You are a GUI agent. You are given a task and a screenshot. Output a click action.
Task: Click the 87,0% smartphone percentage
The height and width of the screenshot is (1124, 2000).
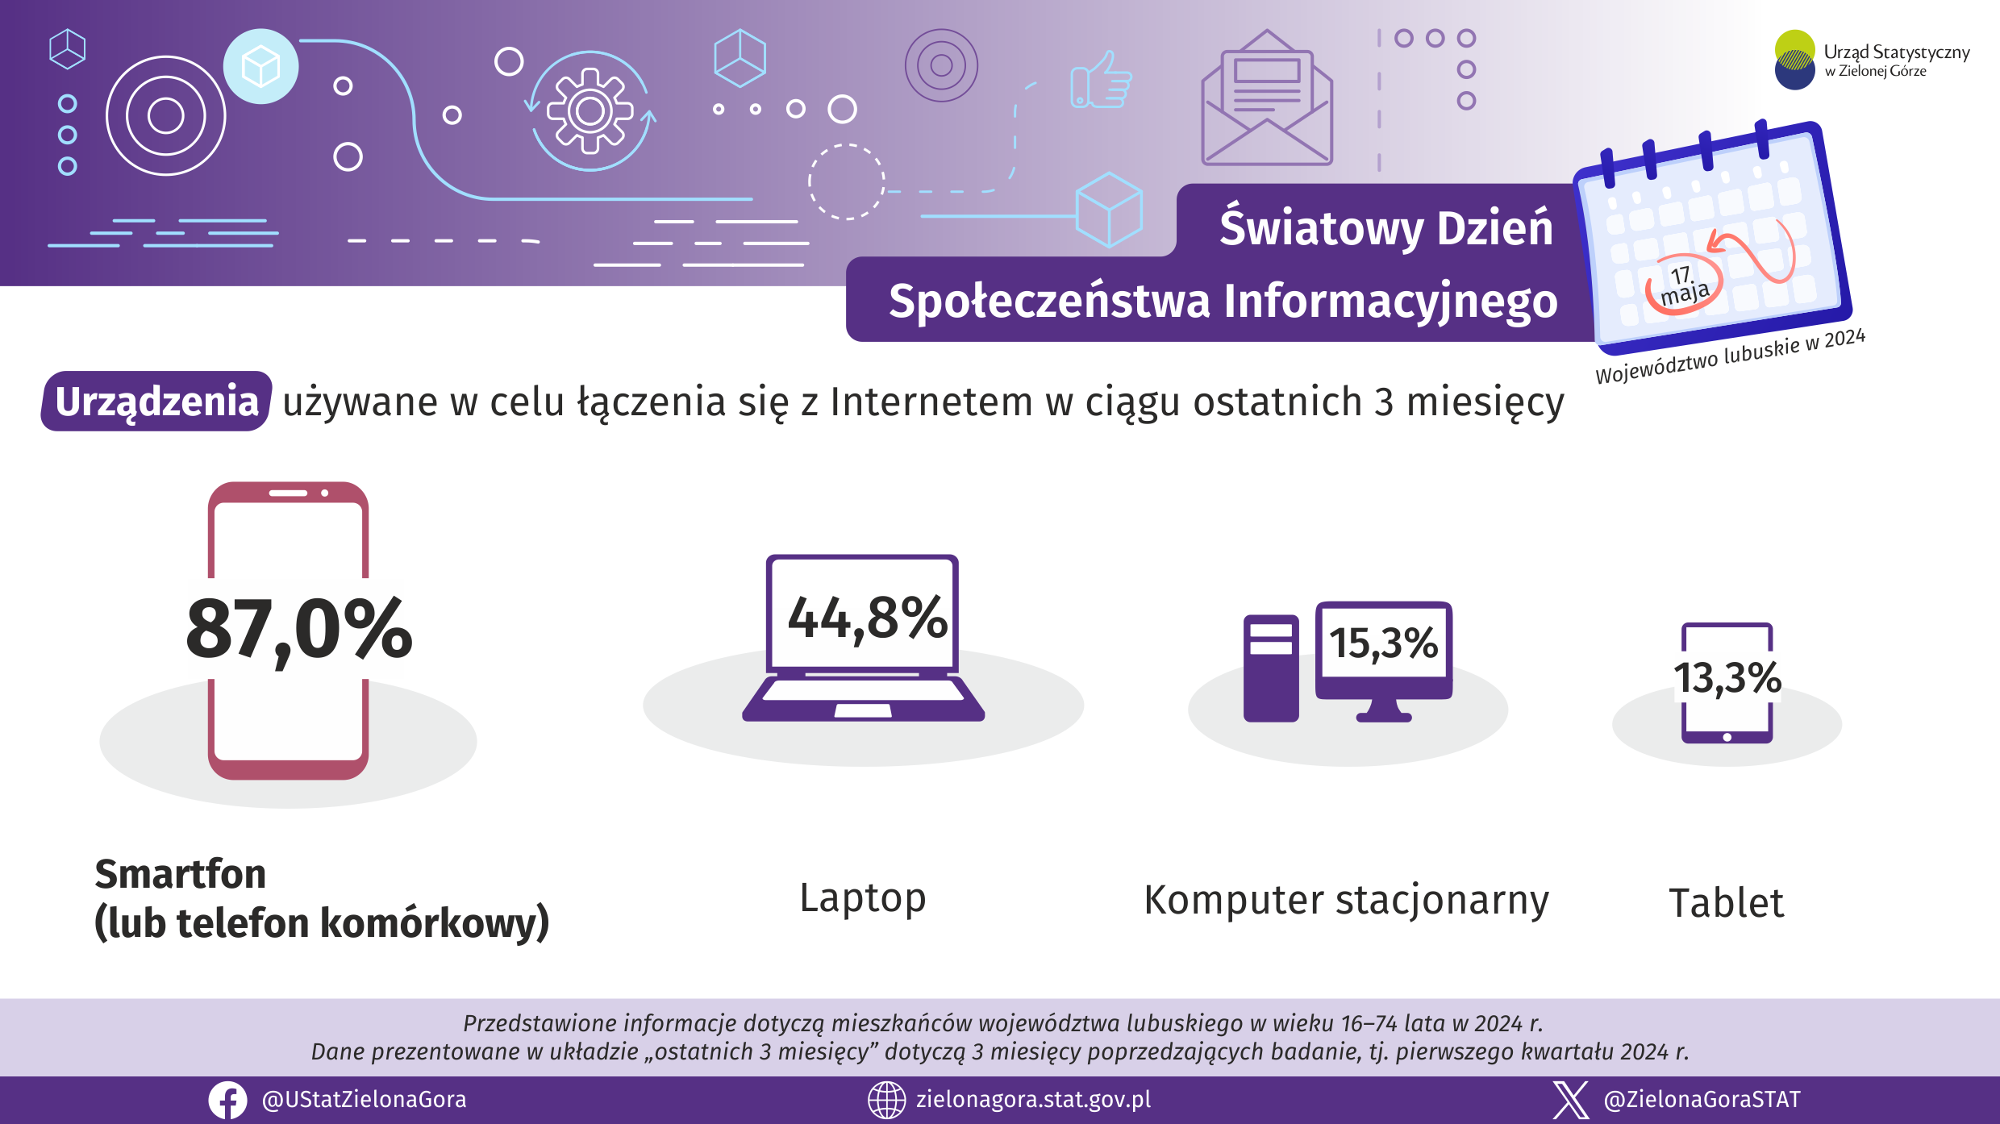pos(299,630)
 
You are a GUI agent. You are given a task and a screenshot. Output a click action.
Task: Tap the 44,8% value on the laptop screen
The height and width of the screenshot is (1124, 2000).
pos(868,618)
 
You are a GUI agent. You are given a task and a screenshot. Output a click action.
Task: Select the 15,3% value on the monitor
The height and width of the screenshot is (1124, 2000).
pos(1383,643)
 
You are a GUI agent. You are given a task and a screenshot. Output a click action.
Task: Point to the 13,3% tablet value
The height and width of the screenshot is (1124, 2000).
pos(1727,677)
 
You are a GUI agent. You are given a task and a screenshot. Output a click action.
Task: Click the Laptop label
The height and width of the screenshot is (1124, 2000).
pos(863,898)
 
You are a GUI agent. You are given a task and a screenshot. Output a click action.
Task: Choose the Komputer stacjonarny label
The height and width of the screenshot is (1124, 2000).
pos(1347,900)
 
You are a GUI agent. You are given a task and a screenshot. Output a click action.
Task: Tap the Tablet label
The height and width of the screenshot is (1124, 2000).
pos(1727,902)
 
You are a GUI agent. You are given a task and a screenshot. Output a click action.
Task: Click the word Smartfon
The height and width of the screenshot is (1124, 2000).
pos(181,874)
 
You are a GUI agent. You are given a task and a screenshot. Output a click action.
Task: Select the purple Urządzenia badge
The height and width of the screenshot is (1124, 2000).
pos(156,401)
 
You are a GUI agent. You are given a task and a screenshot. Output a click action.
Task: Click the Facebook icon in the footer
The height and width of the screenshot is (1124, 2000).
pos(228,1100)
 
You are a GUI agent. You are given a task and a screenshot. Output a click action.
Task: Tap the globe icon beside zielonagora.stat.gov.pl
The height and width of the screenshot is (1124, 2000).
pos(886,1100)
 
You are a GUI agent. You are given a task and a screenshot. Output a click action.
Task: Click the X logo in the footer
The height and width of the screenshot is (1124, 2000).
pos(1570,1100)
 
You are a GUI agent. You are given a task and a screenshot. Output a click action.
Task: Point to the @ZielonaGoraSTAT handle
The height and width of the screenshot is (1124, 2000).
pos(1702,1100)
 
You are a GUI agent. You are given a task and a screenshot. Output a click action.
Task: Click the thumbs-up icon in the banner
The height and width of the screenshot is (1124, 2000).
pos(1101,80)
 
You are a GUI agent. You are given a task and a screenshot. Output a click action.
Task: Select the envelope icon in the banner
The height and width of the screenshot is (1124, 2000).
pos(1267,98)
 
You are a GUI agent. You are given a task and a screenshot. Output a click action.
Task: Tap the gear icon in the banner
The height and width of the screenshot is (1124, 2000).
pos(590,110)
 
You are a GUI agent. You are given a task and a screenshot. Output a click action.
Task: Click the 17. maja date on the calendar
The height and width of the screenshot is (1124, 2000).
pos(1684,285)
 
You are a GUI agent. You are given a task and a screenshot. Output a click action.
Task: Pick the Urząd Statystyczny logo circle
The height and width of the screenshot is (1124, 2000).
pos(1794,60)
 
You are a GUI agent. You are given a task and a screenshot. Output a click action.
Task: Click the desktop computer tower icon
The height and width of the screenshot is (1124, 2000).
pos(1271,668)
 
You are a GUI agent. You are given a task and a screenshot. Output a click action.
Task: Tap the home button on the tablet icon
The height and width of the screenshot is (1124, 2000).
pos(1727,737)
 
